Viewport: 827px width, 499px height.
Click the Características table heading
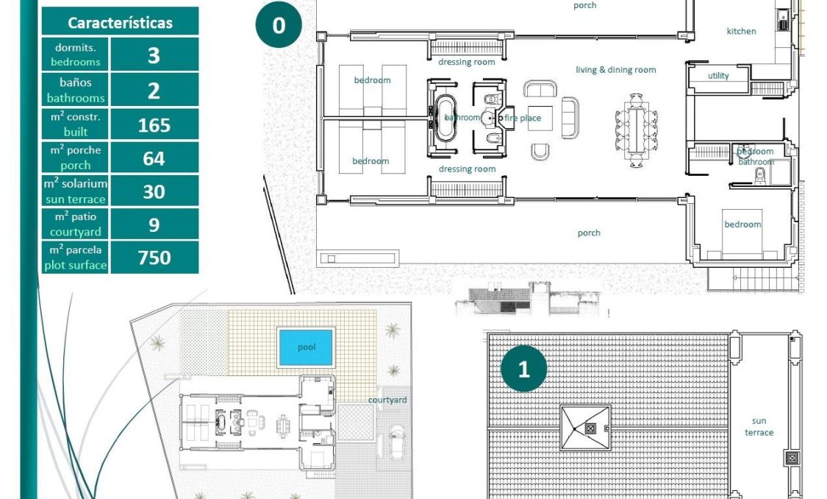[120, 22]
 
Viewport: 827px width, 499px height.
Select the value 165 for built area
[154, 124]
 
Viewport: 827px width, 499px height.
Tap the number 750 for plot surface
[154, 257]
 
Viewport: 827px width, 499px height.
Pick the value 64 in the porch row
[154, 158]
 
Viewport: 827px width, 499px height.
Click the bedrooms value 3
[154, 55]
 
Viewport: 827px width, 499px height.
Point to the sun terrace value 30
[154, 191]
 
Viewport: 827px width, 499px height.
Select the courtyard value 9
[154, 224]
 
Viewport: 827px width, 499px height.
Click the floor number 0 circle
[279, 26]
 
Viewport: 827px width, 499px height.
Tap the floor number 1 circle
[523, 369]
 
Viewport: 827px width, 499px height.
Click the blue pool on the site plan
[306, 347]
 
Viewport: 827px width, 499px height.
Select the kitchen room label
[741, 31]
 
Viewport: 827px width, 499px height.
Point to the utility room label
[718, 76]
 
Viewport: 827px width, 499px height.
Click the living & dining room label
[615, 70]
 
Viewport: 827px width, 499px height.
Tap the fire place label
[523, 118]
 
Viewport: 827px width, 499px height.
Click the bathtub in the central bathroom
[445, 118]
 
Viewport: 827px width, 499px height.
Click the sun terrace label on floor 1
[759, 427]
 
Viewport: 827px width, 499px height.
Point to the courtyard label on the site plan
[388, 400]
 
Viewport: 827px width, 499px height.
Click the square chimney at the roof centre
[589, 428]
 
